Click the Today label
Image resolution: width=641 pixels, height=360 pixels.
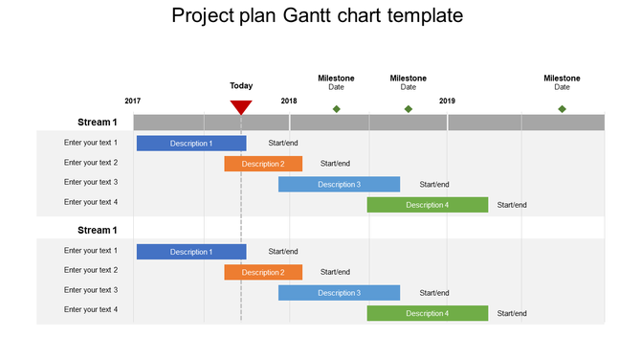point(241,85)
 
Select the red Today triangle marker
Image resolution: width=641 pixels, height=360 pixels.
point(241,106)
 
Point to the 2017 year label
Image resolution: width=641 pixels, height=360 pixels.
point(133,101)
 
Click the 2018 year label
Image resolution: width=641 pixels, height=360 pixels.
point(289,101)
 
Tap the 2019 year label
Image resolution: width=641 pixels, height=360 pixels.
point(447,101)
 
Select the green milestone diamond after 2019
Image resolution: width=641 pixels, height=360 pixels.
point(562,109)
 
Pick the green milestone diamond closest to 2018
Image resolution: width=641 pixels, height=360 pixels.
point(336,109)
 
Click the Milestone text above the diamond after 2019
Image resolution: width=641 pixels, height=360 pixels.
point(562,79)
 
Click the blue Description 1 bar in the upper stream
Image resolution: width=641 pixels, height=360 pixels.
point(191,144)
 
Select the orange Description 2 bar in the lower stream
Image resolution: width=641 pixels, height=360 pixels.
point(263,273)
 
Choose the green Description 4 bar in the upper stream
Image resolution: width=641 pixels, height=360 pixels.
point(428,205)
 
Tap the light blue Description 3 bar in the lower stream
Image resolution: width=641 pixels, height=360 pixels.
point(339,293)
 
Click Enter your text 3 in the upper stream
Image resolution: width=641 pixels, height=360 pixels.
point(91,182)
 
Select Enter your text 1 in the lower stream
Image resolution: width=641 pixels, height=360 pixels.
point(91,251)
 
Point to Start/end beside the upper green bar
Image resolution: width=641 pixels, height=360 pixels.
point(512,205)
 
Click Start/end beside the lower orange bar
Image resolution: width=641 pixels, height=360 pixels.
point(335,273)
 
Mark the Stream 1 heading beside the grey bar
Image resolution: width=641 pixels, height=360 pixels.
point(98,123)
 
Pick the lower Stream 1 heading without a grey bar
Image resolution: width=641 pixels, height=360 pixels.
point(98,230)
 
